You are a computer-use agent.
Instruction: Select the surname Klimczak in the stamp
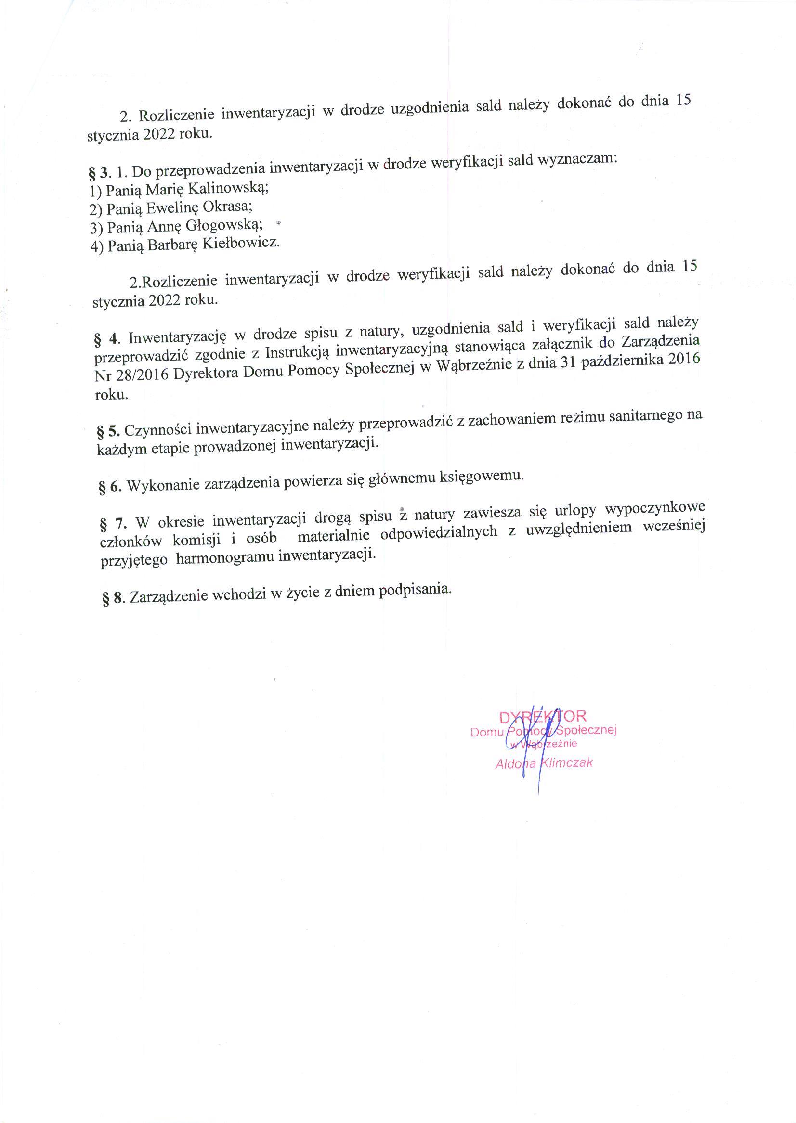566,762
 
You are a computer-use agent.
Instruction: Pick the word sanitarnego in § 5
645,416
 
